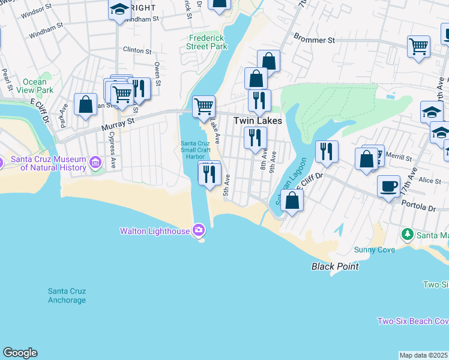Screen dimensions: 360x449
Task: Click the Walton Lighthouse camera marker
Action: tap(199, 230)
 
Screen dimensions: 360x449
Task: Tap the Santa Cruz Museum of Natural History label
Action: tap(48, 163)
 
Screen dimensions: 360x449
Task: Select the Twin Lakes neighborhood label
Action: tap(258, 121)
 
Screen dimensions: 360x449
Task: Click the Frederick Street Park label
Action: tap(206, 41)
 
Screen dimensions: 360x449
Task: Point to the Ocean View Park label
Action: tap(34, 86)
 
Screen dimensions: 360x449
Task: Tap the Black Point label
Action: tap(335, 266)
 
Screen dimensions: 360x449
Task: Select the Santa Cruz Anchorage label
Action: tap(67, 296)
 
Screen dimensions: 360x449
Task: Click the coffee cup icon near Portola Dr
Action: tap(389, 186)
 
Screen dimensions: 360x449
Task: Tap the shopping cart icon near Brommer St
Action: tap(418, 46)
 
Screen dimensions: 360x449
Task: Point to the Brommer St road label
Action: tap(314, 40)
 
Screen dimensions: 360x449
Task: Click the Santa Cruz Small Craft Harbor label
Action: tap(196, 149)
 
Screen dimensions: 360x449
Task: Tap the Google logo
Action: tap(20, 353)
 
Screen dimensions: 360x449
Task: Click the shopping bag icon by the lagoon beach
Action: tap(292, 200)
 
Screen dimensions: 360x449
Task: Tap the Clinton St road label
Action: tap(136, 50)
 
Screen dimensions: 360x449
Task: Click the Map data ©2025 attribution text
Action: tap(423, 355)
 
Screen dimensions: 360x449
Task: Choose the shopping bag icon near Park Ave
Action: tap(86, 104)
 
